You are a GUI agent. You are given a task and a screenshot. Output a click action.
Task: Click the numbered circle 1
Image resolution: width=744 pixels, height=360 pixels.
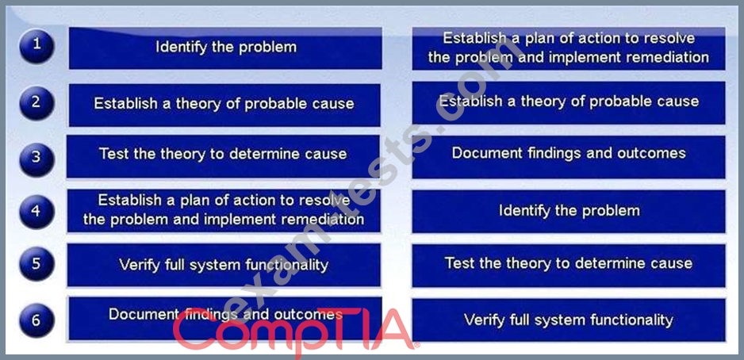click(36, 46)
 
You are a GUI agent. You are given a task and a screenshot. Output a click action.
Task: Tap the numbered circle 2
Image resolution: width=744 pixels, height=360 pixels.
click(36, 103)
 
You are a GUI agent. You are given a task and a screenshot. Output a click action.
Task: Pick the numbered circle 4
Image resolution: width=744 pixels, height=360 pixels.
click(36, 212)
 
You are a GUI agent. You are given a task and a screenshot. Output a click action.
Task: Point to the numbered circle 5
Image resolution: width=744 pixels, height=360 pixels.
click(36, 264)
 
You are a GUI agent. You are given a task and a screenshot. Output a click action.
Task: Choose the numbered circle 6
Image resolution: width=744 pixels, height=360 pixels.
click(36, 320)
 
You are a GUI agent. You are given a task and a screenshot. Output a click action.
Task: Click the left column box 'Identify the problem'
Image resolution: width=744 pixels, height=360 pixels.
click(225, 48)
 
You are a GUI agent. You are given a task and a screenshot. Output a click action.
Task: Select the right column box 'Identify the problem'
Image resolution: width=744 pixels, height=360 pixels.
click(569, 212)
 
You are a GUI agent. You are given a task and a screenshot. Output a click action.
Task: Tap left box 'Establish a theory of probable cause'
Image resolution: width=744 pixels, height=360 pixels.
click(224, 105)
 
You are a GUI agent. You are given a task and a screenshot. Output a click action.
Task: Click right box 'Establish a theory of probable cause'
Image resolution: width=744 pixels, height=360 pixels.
click(569, 102)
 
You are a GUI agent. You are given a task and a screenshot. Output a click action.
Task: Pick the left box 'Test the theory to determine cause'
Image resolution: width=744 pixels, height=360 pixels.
click(223, 156)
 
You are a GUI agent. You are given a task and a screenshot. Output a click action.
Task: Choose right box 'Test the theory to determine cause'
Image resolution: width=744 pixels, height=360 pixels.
click(569, 265)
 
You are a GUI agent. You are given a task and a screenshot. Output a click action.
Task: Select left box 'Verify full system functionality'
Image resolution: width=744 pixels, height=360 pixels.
click(224, 265)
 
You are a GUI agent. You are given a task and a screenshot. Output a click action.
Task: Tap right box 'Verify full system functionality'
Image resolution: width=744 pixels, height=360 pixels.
click(569, 320)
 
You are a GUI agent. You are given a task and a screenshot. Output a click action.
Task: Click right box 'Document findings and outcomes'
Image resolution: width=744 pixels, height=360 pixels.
click(569, 157)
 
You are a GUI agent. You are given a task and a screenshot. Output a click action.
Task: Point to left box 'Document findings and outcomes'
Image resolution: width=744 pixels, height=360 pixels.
click(225, 318)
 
